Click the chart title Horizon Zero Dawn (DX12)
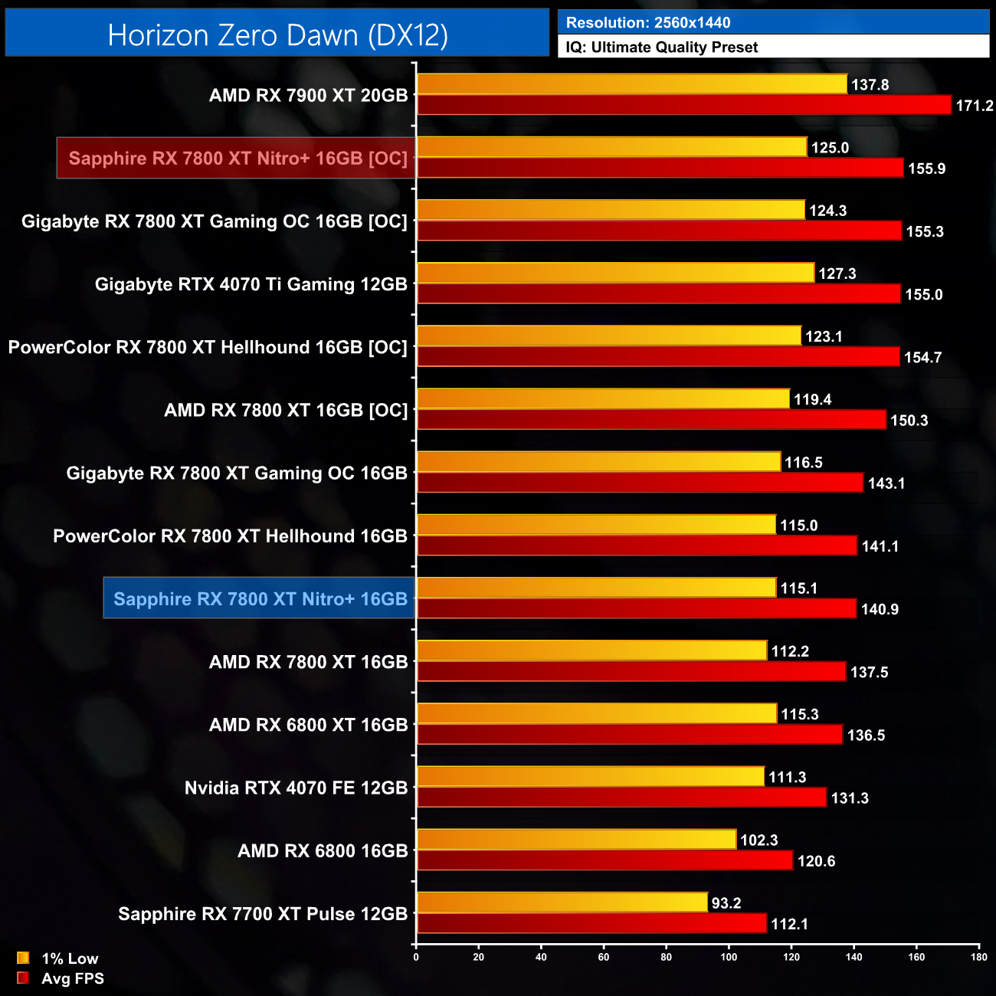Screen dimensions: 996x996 (x=277, y=35)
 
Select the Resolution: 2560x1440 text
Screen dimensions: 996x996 (x=647, y=23)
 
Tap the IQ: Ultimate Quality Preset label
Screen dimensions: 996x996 (x=661, y=48)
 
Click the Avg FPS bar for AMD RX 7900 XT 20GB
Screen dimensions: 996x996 (x=684, y=105)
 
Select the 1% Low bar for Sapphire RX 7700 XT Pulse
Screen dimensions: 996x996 (x=562, y=903)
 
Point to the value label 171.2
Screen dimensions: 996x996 (x=974, y=106)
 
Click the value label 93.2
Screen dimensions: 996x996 (x=726, y=903)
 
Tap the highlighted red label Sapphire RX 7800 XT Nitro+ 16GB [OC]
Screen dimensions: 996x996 (x=237, y=159)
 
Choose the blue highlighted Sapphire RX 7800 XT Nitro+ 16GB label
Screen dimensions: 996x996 (x=260, y=599)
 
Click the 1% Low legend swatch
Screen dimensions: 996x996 (x=23, y=958)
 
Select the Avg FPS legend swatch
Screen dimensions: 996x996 (x=23, y=978)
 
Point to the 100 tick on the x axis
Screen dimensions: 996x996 (x=729, y=957)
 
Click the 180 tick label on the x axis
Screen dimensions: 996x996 (x=979, y=957)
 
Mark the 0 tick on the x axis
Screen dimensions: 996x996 (x=416, y=957)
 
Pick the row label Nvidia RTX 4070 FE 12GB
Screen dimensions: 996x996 (x=296, y=788)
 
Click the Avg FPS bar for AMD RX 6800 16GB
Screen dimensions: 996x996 (x=605, y=860)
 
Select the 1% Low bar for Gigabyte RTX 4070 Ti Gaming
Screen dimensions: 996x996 (x=615, y=273)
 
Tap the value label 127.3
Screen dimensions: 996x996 (x=837, y=274)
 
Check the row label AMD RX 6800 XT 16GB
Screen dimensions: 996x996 (x=308, y=725)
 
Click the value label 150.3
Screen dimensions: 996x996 (x=909, y=421)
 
